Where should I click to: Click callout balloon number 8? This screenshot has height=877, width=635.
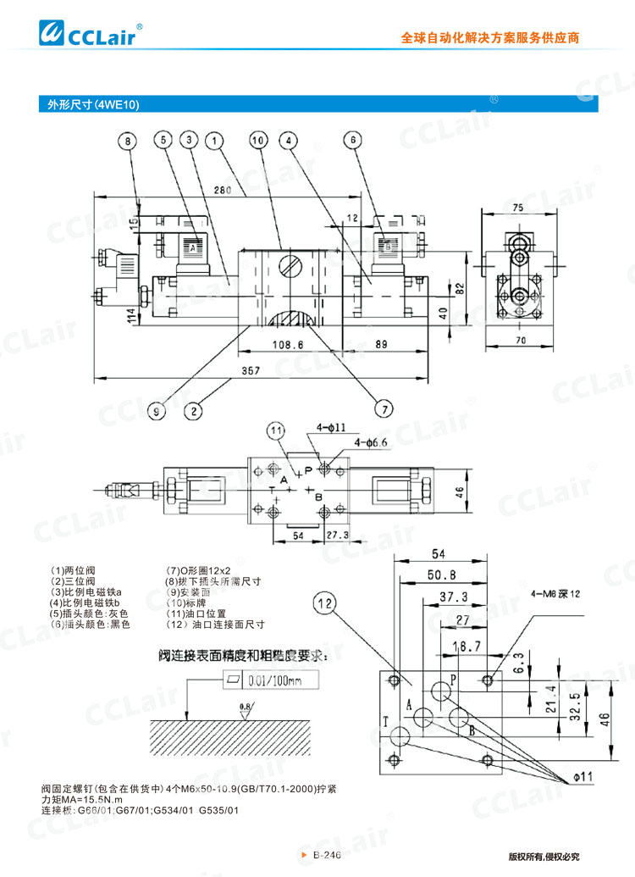128,142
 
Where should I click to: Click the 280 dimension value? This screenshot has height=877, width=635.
224,190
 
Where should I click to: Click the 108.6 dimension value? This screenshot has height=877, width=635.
288,345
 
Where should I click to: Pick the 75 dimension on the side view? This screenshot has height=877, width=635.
517,207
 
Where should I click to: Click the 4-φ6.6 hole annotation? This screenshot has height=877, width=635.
371,443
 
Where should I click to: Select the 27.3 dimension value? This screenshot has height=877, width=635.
338,536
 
